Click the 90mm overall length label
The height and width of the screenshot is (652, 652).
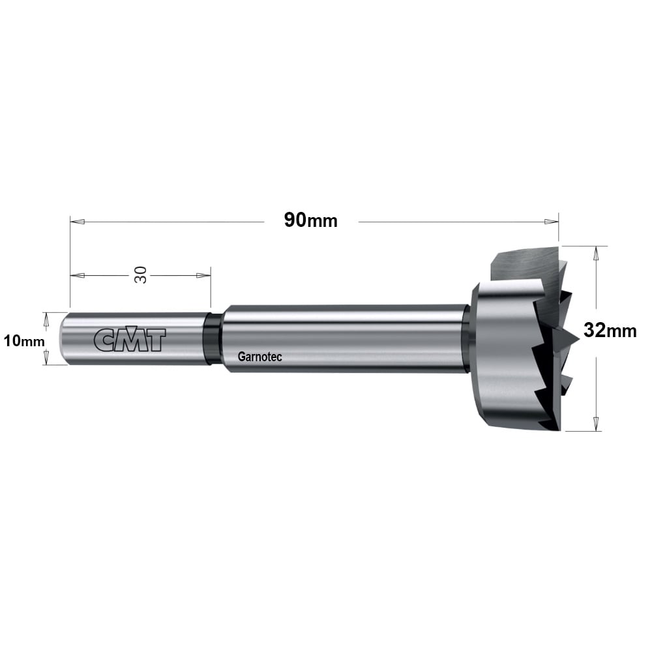pyautogui.click(x=310, y=220)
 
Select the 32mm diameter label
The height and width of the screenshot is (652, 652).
pyautogui.click(x=610, y=331)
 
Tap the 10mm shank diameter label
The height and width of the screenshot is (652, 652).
pyautogui.click(x=24, y=342)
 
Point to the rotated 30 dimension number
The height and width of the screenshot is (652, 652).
pyautogui.click(x=141, y=275)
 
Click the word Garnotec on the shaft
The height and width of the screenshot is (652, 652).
pyautogui.click(x=259, y=357)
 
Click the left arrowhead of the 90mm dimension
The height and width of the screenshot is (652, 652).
pyautogui.click(x=78, y=222)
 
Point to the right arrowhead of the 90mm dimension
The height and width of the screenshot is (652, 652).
pyautogui.click(x=551, y=222)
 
